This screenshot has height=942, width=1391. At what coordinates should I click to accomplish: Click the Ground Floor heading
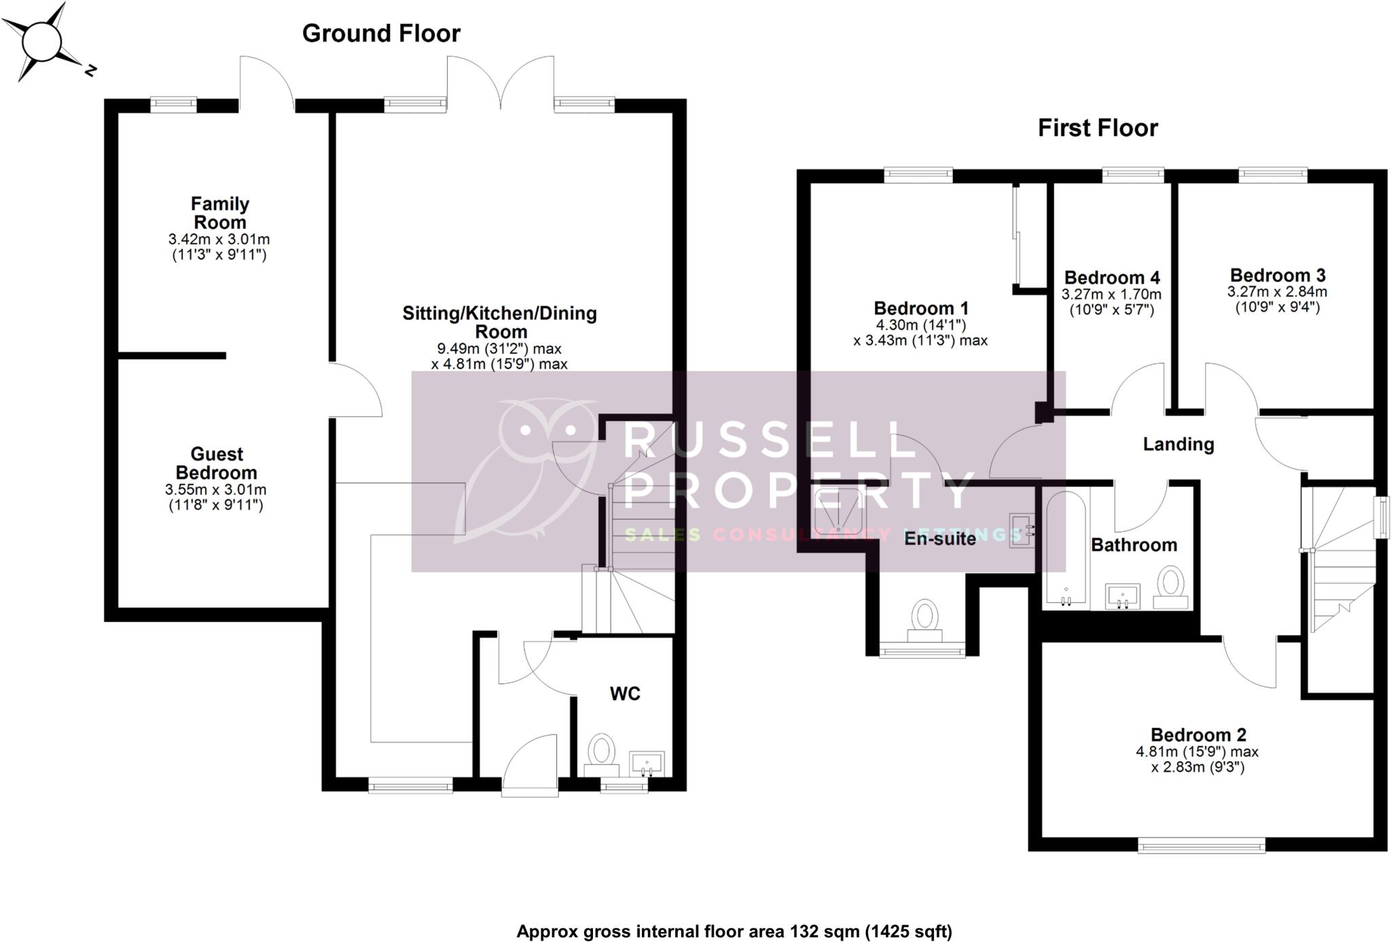click(381, 33)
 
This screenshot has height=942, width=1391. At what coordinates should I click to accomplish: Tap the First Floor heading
click(1097, 128)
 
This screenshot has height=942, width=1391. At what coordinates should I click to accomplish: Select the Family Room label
click(219, 213)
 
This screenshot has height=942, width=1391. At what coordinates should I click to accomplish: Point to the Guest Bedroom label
click(216, 463)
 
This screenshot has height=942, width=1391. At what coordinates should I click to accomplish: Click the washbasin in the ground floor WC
click(647, 763)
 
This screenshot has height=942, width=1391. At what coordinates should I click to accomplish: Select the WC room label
click(625, 693)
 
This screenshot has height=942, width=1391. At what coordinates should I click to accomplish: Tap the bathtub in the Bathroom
click(1066, 549)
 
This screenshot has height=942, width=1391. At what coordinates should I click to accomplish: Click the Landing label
click(1178, 444)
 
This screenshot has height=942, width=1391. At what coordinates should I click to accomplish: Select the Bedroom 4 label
click(1112, 278)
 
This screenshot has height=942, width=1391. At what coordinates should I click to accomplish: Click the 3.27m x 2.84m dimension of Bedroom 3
click(1277, 292)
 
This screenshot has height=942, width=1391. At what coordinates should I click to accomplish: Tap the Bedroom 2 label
click(1198, 735)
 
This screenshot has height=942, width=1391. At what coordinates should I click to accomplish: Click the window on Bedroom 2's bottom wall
click(1201, 846)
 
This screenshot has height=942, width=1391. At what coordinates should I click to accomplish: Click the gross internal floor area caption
click(734, 931)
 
